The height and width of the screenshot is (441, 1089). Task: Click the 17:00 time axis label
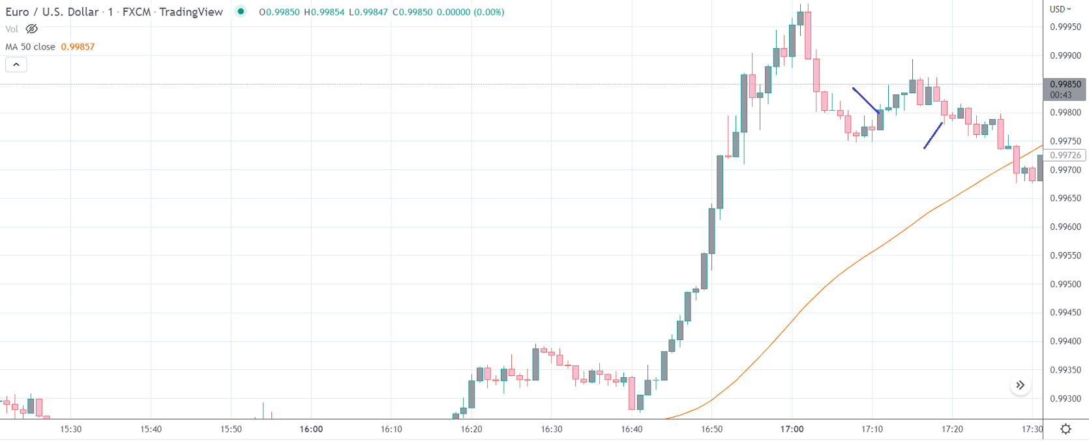[x=792, y=429]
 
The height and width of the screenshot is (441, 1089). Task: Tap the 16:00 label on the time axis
[x=311, y=429]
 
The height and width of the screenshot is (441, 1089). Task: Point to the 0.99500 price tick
[x=1065, y=284]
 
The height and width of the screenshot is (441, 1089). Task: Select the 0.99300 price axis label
[x=1065, y=399]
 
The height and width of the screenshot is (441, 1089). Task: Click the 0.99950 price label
[x=1065, y=27]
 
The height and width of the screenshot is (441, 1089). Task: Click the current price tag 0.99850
[x=1065, y=85]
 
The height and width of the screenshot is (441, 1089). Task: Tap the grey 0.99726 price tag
[x=1065, y=155]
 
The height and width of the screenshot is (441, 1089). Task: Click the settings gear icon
[x=1066, y=429]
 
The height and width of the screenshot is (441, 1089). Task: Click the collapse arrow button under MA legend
[x=16, y=64]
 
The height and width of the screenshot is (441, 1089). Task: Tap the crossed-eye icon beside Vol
[x=31, y=29]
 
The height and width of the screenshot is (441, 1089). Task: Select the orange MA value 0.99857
[x=78, y=47]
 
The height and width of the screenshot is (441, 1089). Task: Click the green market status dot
[x=241, y=11]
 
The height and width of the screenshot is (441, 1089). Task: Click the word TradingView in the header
[x=190, y=12]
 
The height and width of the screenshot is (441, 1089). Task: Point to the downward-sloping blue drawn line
[x=866, y=100]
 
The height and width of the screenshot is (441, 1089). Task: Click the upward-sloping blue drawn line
[x=933, y=135]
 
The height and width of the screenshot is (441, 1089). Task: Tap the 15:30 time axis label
[x=70, y=429]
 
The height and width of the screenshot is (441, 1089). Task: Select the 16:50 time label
[x=711, y=429]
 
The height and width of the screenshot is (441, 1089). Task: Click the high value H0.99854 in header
[x=324, y=12]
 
